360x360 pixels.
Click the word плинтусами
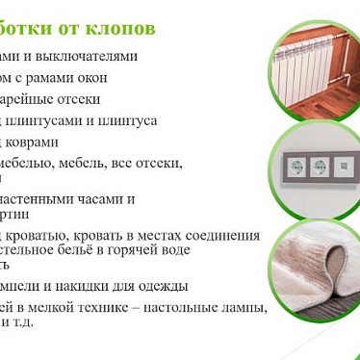48,120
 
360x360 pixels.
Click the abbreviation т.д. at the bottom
21,321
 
